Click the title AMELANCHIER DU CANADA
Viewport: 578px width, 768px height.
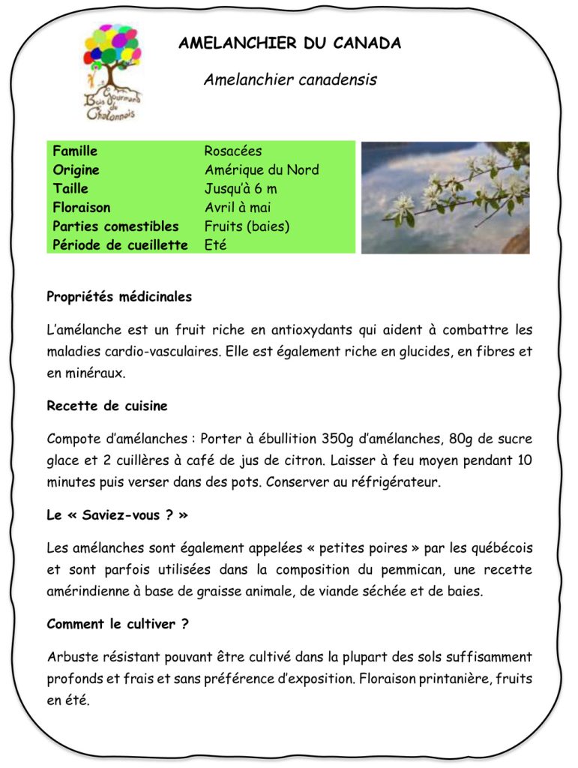point(289,43)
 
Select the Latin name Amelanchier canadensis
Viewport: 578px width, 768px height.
point(290,79)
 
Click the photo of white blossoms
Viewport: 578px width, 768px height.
point(445,197)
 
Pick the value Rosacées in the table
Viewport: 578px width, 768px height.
point(233,151)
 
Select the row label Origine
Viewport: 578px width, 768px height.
point(76,170)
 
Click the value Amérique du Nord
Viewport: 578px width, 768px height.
point(262,170)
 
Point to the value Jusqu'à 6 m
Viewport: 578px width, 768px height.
point(241,189)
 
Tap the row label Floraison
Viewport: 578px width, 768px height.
point(82,208)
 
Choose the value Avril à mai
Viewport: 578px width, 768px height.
point(238,208)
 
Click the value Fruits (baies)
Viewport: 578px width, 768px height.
point(247,226)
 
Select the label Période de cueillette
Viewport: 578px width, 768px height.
point(120,245)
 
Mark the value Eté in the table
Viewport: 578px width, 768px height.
point(215,245)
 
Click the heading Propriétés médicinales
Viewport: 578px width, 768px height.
point(119,297)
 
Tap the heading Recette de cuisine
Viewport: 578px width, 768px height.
point(107,406)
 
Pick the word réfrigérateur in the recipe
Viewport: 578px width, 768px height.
point(394,482)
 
